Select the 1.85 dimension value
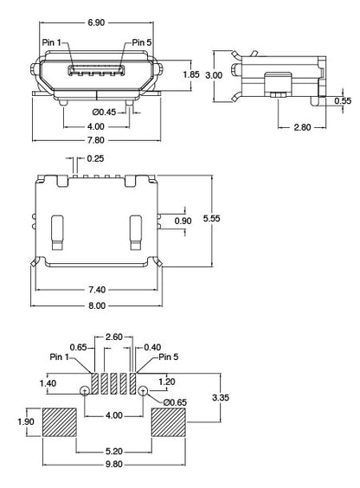point(192,75)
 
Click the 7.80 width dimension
point(96,140)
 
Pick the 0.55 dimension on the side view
point(344,101)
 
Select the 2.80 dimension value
point(302,128)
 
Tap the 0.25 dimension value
point(95,158)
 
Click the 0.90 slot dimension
point(183,222)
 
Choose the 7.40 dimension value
point(96,289)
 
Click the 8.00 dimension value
point(96,305)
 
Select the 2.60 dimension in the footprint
point(113,337)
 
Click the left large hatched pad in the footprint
point(60,423)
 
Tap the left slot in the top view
point(57,230)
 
